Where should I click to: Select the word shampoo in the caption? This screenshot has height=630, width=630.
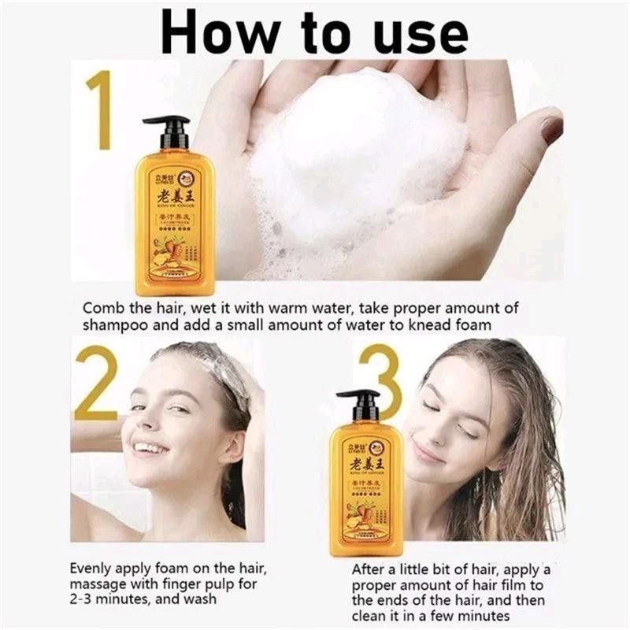pyautogui.click(x=113, y=325)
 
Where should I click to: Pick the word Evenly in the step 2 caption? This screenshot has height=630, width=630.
pyautogui.click(x=92, y=568)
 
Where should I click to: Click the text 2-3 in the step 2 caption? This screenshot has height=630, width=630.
pyautogui.click(x=85, y=599)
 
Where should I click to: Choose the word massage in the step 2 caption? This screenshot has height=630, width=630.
pyautogui.click(x=98, y=584)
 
